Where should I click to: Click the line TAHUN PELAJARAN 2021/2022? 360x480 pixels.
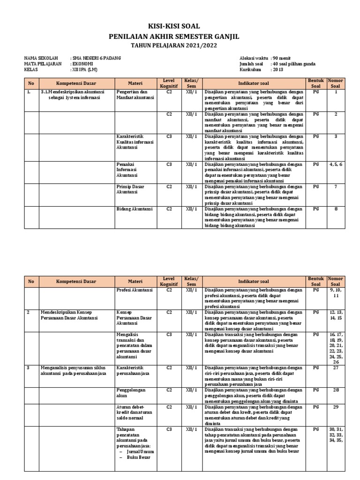pos(180,45)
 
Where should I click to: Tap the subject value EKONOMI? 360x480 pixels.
pos(83,64)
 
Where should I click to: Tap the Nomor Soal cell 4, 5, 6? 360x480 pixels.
pos(336,165)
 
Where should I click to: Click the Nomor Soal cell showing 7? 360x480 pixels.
pos(336,187)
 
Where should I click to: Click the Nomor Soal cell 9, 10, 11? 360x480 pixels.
pos(336,293)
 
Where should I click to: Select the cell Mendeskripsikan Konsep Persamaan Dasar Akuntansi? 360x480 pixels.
pos(68,315)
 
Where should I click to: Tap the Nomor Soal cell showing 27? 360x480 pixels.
pos(336,368)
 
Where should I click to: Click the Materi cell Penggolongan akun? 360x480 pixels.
pos(131,393)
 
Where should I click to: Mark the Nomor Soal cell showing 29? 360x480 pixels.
pos(336,407)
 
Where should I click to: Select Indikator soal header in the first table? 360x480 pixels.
pos(253,84)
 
